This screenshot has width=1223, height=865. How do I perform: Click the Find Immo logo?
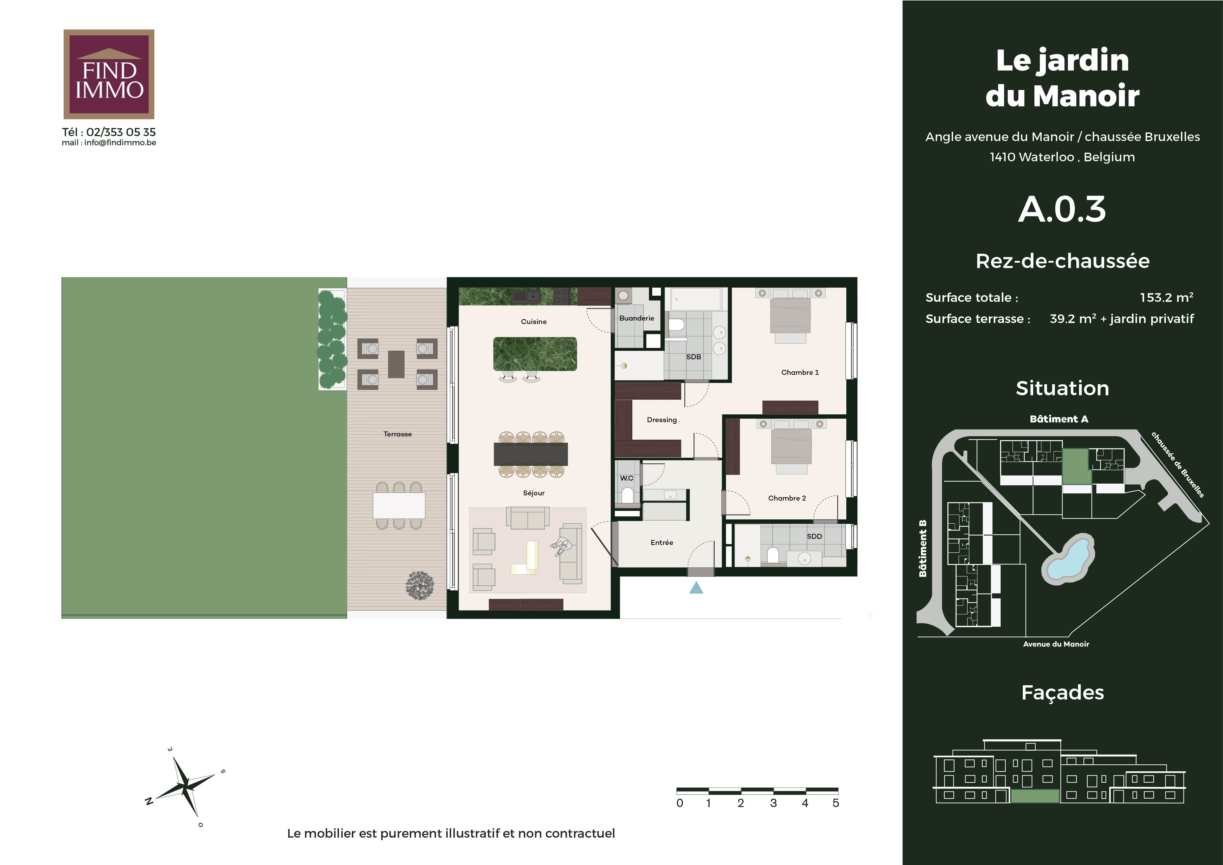pos(109,74)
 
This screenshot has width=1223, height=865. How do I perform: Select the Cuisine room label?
pos(534,322)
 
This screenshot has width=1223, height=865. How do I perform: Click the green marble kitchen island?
pos(535,354)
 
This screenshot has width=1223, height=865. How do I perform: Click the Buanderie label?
pos(637,318)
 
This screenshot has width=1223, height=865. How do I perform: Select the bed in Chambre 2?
pos(792,447)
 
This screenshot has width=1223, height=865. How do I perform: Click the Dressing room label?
pos(662,420)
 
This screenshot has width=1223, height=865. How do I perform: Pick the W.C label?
pos(626,478)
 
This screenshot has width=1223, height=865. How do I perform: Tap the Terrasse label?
pos(397,434)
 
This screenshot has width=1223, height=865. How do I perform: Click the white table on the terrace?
pos(399,505)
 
